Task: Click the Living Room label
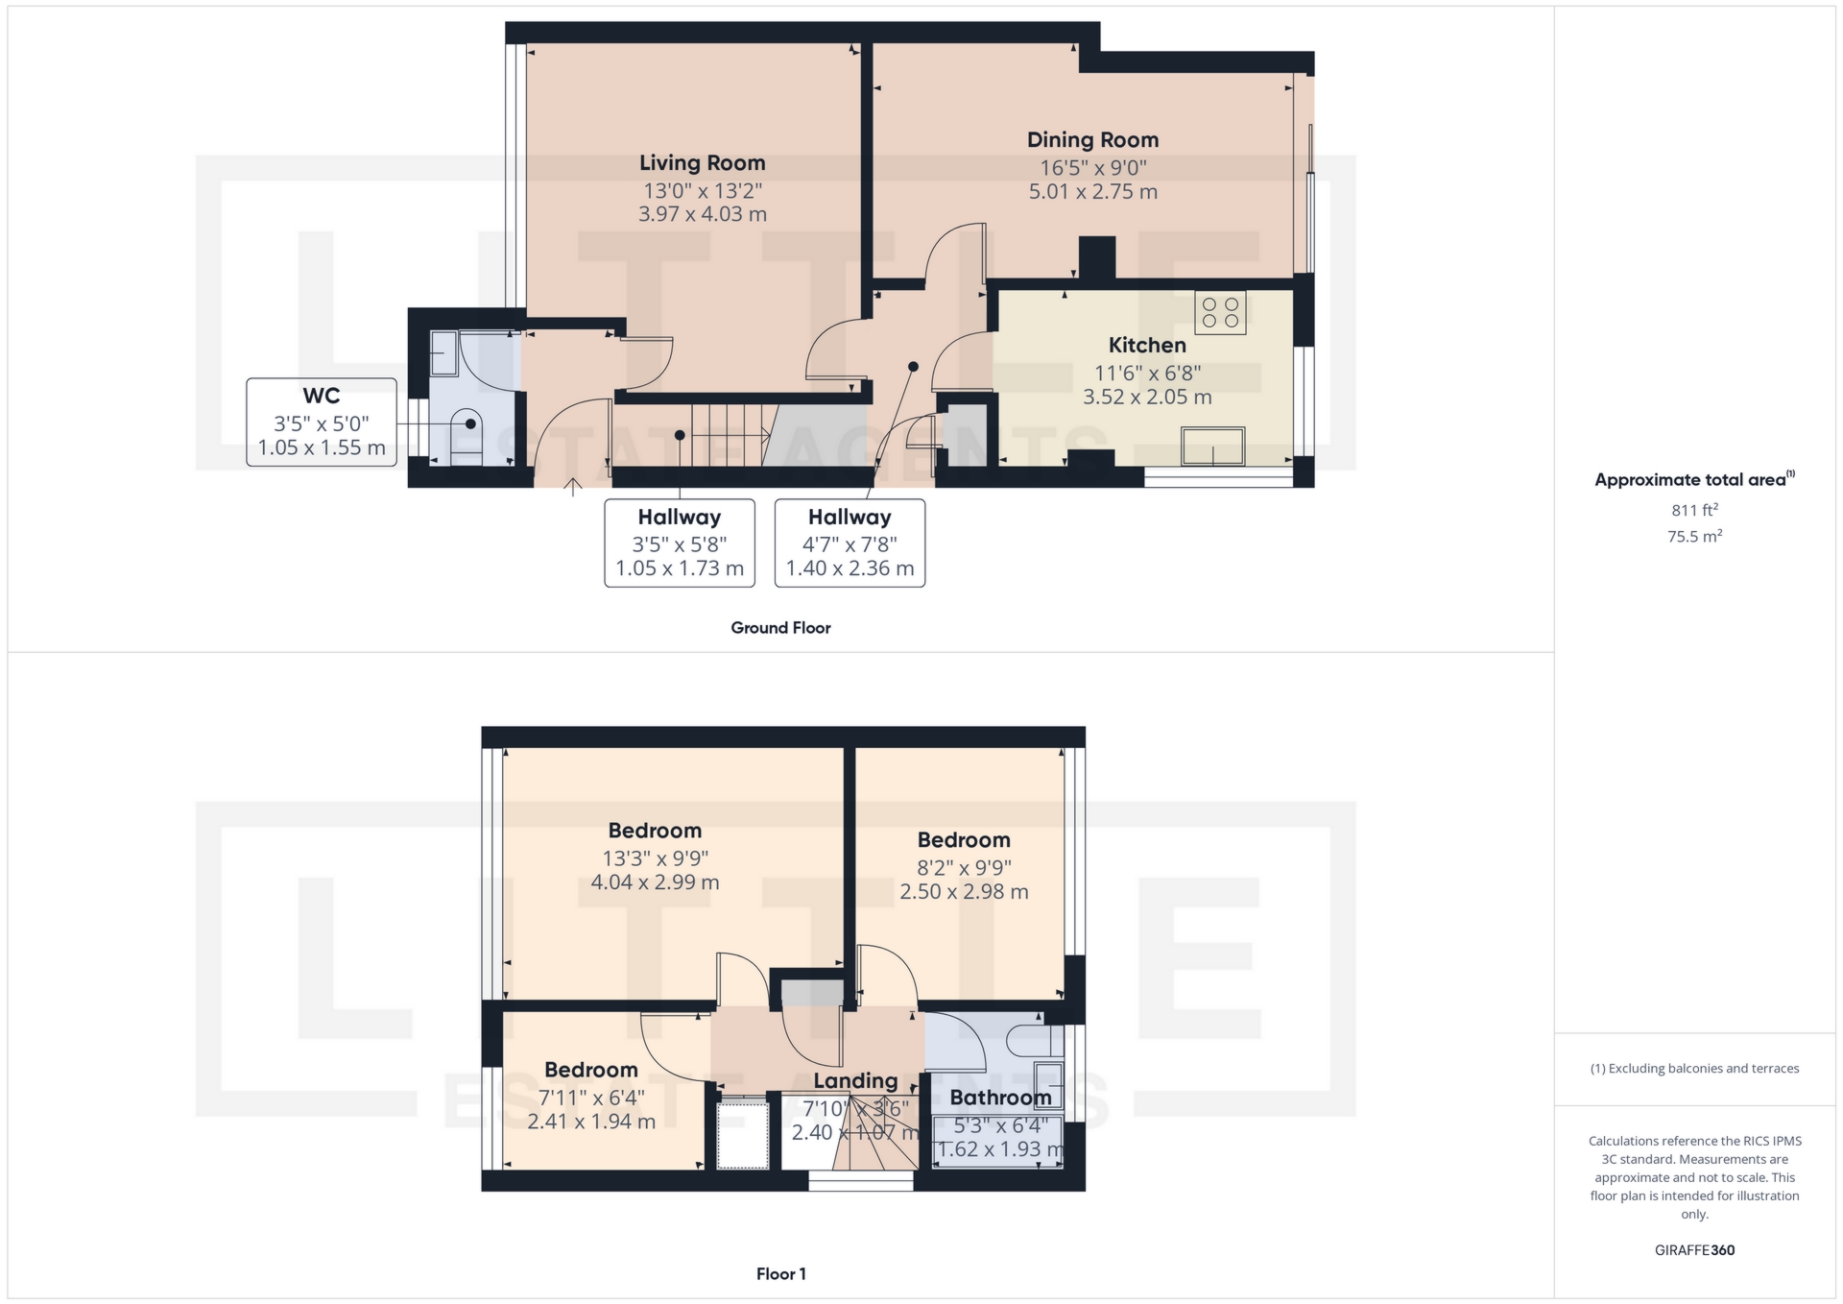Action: point(702,163)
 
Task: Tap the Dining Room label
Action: point(1092,140)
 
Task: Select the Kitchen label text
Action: point(1147,345)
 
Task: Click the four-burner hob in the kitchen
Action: point(1220,312)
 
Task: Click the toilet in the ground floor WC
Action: point(466,437)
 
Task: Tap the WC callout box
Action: point(322,423)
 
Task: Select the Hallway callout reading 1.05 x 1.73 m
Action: point(680,543)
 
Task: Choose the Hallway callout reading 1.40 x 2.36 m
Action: point(850,543)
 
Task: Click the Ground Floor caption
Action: point(780,628)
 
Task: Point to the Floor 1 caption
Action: point(780,1274)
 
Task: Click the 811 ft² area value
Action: point(1694,510)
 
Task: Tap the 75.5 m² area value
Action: point(1694,536)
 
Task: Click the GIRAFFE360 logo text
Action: point(1694,1250)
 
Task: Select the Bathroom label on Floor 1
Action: point(1000,1098)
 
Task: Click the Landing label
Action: point(855,1081)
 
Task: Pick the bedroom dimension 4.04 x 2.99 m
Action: point(655,882)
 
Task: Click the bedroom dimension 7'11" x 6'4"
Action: point(591,1097)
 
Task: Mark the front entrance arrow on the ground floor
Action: point(573,487)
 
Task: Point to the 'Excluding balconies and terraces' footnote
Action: point(1694,1069)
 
